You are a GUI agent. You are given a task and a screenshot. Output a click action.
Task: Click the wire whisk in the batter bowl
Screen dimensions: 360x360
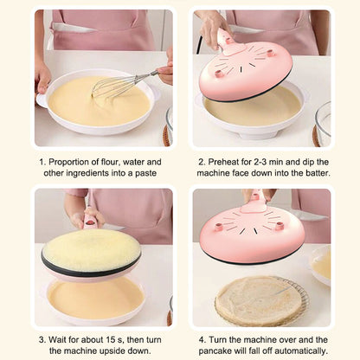(x=121, y=84)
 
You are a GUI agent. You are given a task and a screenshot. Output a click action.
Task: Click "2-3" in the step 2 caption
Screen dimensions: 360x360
(x=260, y=162)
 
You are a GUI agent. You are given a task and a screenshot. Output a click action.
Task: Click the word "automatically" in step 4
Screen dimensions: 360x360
(x=301, y=350)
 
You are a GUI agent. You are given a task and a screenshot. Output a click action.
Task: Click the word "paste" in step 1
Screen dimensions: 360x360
(x=146, y=173)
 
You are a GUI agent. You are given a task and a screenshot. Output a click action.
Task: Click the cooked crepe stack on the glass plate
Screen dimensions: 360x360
(x=259, y=299)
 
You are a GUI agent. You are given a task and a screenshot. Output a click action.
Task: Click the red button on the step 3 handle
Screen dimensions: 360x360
(x=90, y=222)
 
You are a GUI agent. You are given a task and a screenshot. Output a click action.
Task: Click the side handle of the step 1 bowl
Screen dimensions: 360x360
(x=41, y=100)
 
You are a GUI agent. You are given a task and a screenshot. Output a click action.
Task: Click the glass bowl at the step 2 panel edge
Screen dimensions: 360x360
(x=323, y=124)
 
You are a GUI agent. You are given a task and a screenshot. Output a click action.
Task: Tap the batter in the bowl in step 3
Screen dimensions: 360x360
(x=96, y=298)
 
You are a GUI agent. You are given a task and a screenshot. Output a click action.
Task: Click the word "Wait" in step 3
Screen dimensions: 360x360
(x=56, y=339)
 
